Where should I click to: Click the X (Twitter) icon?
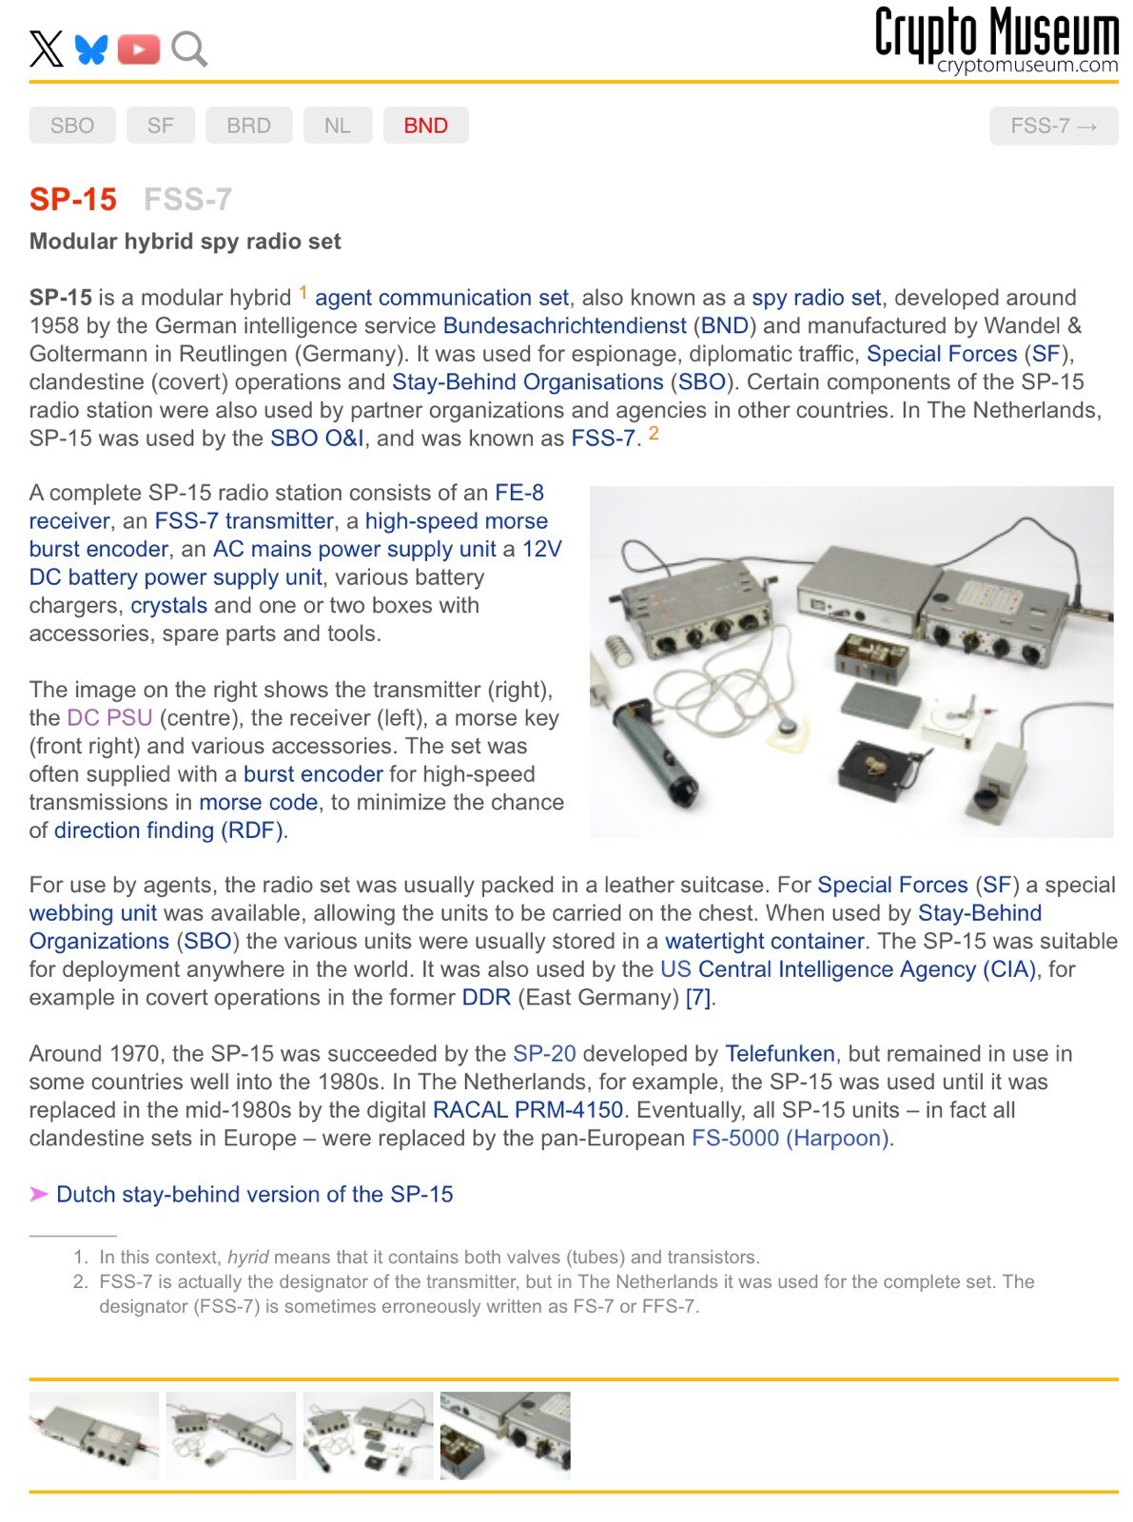(46, 49)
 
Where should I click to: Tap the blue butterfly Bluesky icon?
(91, 49)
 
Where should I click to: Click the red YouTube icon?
(139, 49)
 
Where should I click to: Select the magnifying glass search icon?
(188, 49)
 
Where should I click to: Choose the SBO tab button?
(72, 126)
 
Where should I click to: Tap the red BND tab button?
(425, 126)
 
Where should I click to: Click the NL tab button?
(337, 126)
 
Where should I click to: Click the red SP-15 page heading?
(73, 200)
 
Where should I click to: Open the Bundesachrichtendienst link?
(564, 326)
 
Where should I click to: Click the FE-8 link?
(519, 493)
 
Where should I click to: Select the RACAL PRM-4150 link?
(528, 1110)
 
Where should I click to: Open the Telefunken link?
(780, 1054)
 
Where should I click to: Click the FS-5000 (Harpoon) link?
(791, 1139)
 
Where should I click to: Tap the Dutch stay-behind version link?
(254, 1195)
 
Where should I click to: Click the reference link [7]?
(698, 998)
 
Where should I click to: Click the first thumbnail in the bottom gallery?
(93, 1435)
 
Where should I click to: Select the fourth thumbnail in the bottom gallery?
(505, 1435)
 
